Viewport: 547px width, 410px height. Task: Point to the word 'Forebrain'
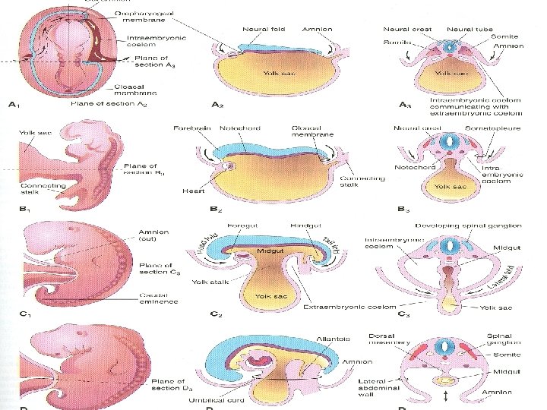[x=191, y=128]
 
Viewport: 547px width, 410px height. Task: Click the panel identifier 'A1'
[x=14, y=105]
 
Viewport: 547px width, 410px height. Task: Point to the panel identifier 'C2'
[x=216, y=313]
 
